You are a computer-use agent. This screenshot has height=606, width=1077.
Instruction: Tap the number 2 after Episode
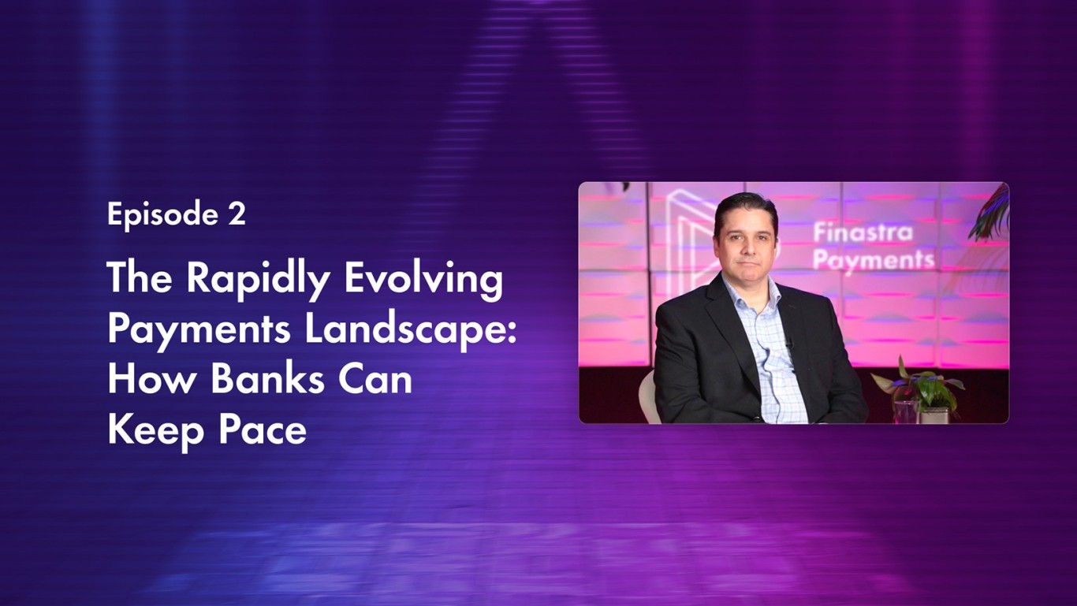pos(237,214)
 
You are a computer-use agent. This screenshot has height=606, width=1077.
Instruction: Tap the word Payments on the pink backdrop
pos(873,260)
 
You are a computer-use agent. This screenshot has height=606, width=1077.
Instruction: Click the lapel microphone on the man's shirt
pos(787,341)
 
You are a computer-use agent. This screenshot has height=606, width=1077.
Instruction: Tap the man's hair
pos(745,206)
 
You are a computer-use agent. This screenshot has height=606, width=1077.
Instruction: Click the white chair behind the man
pos(648,398)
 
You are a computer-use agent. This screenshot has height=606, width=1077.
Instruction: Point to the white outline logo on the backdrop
pos(686,236)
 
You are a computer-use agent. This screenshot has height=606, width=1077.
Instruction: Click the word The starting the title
pos(139,280)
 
